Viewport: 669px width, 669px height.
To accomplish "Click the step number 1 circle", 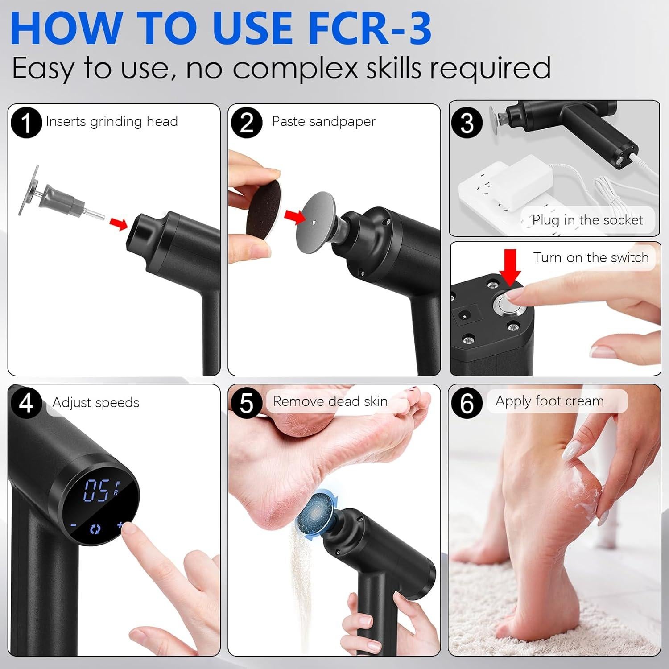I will click(x=26, y=123).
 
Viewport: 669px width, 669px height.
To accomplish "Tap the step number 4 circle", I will click(x=26, y=403).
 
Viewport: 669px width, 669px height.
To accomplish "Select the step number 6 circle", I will click(x=467, y=403).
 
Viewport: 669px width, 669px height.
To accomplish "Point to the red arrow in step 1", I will click(x=119, y=224).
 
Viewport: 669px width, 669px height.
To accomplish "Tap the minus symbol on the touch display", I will click(x=74, y=525).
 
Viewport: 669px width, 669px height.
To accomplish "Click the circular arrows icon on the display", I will click(x=95, y=529).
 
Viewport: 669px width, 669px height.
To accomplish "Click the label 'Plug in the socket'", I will click(x=587, y=220).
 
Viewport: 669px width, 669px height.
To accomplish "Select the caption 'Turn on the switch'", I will click(x=591, y=258).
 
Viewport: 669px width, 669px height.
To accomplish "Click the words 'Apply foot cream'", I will click(x=549, y=401).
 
